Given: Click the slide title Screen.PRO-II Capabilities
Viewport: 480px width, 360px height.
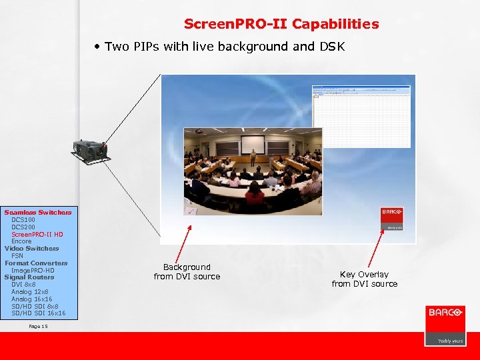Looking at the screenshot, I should click(x=281, y=25).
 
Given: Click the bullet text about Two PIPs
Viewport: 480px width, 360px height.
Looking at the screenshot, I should click(x=220, y=47).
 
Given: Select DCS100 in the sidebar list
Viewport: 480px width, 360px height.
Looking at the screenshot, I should click(x=23, y=219).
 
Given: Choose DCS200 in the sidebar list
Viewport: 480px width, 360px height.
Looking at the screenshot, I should click(x=23, y=227).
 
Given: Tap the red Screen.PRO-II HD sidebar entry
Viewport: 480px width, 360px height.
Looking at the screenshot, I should click(x=37, y=234).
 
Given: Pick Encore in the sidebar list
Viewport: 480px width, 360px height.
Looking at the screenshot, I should click(x=21, y=241).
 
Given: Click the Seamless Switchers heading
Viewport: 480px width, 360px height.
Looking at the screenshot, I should click(x=38, y=212).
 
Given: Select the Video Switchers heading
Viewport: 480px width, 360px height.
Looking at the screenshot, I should click(x=31, y=249).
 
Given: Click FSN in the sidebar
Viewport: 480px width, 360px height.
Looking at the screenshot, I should click(x=17, y=255).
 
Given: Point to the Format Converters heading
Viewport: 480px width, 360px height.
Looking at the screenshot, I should click(x=36, y=263).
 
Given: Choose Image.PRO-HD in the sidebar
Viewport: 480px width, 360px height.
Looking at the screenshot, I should click(x=33, y=270).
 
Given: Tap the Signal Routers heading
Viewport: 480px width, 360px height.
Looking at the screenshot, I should click(x=29, y=277).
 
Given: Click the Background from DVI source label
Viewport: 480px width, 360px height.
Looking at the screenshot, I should click(x=187, y=271).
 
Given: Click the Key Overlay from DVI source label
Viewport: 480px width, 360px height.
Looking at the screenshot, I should click(x=364, y=279).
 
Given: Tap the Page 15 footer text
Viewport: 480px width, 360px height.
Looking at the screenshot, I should click(x=39, y=327).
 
